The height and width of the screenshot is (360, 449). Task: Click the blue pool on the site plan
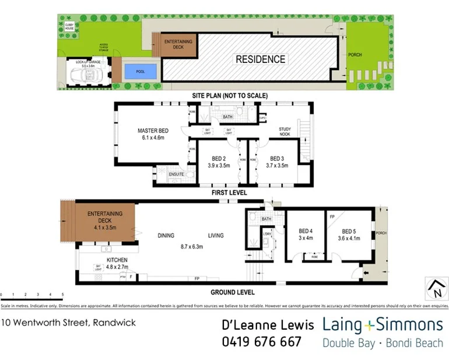[x=141, y=72]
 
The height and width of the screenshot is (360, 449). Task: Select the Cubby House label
[x=69, y=26]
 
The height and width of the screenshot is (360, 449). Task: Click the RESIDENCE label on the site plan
[x=260, y=59]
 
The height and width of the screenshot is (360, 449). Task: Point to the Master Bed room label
[x=153, y=131]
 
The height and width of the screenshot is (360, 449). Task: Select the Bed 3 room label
[x=276, y=158]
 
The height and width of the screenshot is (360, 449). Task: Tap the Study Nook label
[x=285, y=131]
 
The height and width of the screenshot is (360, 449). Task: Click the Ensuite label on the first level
[x=177, y=174]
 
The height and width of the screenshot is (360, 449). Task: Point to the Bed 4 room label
[x=305, y=230]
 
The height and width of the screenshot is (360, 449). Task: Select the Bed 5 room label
[x=350, y=230]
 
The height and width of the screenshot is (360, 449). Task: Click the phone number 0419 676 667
[x=261, y=342]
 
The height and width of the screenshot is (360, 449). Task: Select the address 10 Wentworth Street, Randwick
[x=69, y=322]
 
